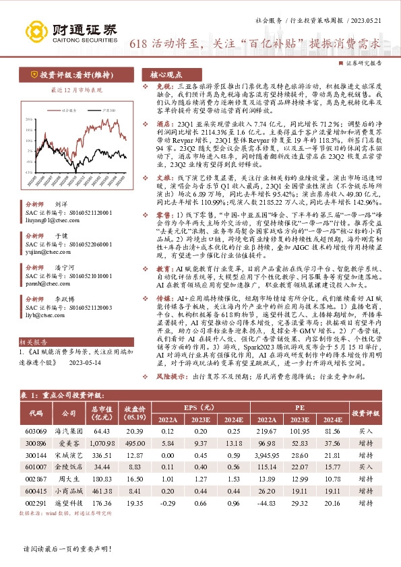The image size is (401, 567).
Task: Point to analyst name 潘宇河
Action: point(63,266)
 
